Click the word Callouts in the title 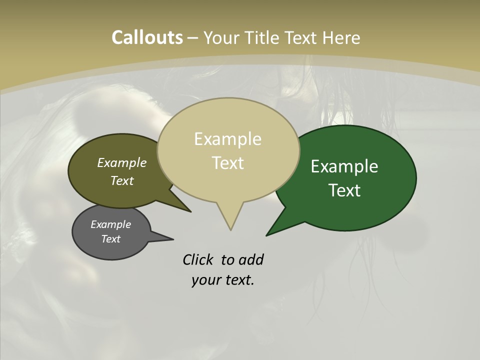tap(147, 37)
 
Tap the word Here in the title tap(341, 37)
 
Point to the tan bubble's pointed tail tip tap(230, 229)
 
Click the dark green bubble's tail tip tap(267, 235)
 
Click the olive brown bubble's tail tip tap(190, 211)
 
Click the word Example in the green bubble tap(344, 166)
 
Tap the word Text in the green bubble tap(344, 190)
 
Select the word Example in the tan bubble tap(227, 139)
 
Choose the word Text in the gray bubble tap(110, 239)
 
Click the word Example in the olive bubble tap(121, 162)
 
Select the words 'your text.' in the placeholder tap(223, 280)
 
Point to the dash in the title tap(193, 38)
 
